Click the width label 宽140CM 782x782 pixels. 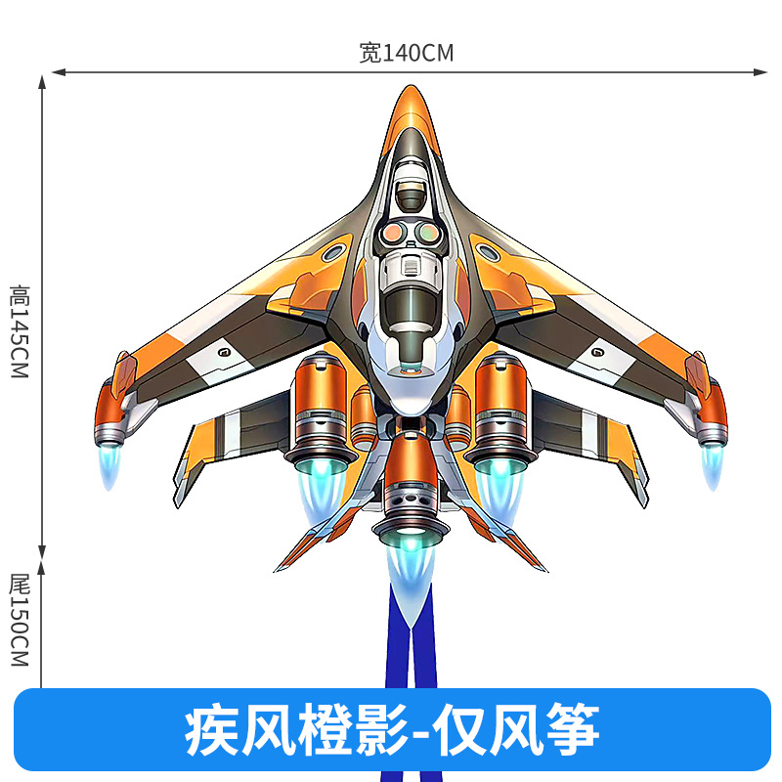406,53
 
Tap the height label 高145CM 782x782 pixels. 20,332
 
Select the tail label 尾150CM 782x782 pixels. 20,621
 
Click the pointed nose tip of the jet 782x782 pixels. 412,90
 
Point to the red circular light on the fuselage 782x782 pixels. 394,232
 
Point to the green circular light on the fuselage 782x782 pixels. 428,232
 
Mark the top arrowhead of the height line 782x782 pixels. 42,80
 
